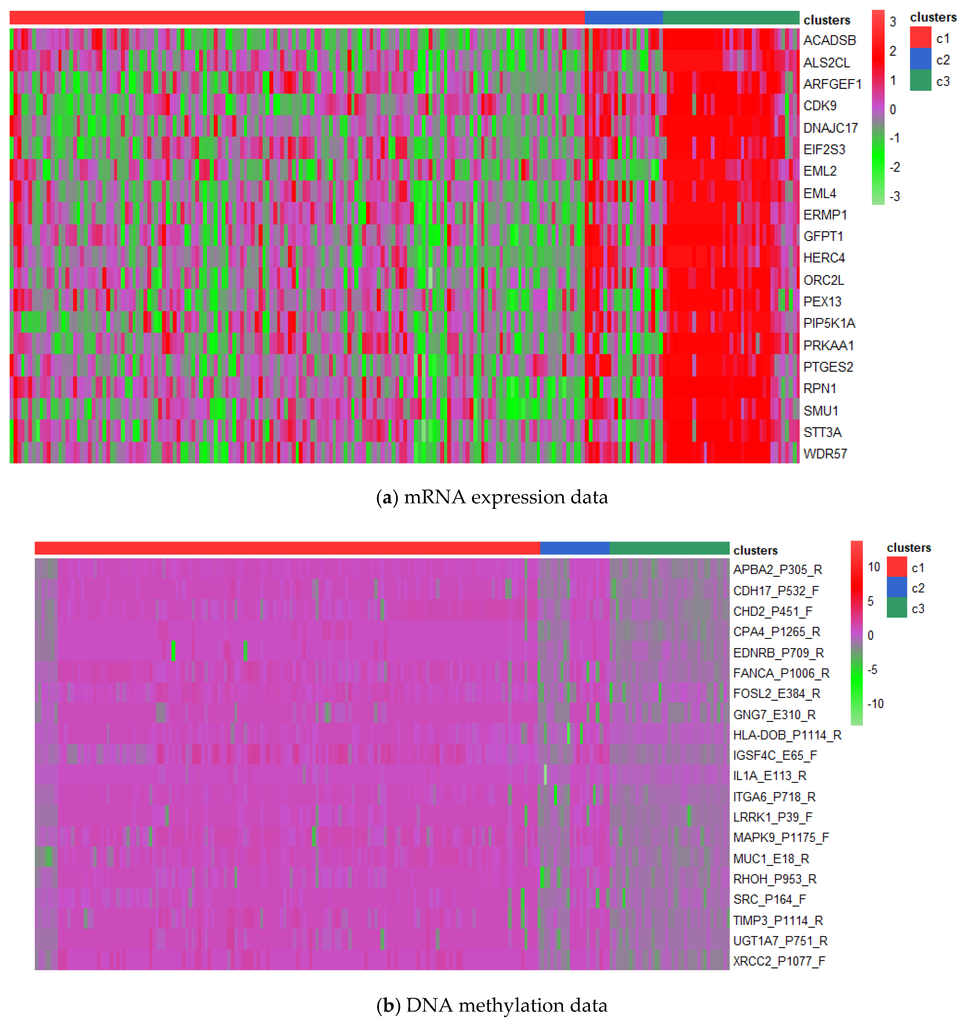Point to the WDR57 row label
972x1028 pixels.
point(825,454)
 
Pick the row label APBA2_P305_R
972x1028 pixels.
point(777,570)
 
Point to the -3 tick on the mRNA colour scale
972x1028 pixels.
point(894,197)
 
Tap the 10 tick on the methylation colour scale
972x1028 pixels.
point(874,567)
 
